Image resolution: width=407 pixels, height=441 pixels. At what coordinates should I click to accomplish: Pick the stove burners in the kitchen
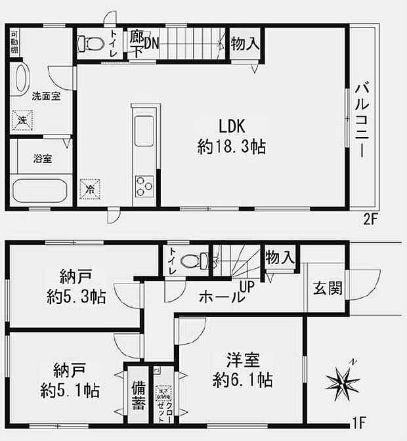(x=144, y=185)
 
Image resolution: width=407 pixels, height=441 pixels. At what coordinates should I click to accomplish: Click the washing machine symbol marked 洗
(x=22, y=120)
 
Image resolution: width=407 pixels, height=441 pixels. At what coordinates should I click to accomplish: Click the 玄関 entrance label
(x=327, y=289)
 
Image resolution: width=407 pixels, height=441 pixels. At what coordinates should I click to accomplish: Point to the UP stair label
(x=247, y=287)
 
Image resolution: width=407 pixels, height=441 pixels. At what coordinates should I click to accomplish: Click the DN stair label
(x=151, y=43)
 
